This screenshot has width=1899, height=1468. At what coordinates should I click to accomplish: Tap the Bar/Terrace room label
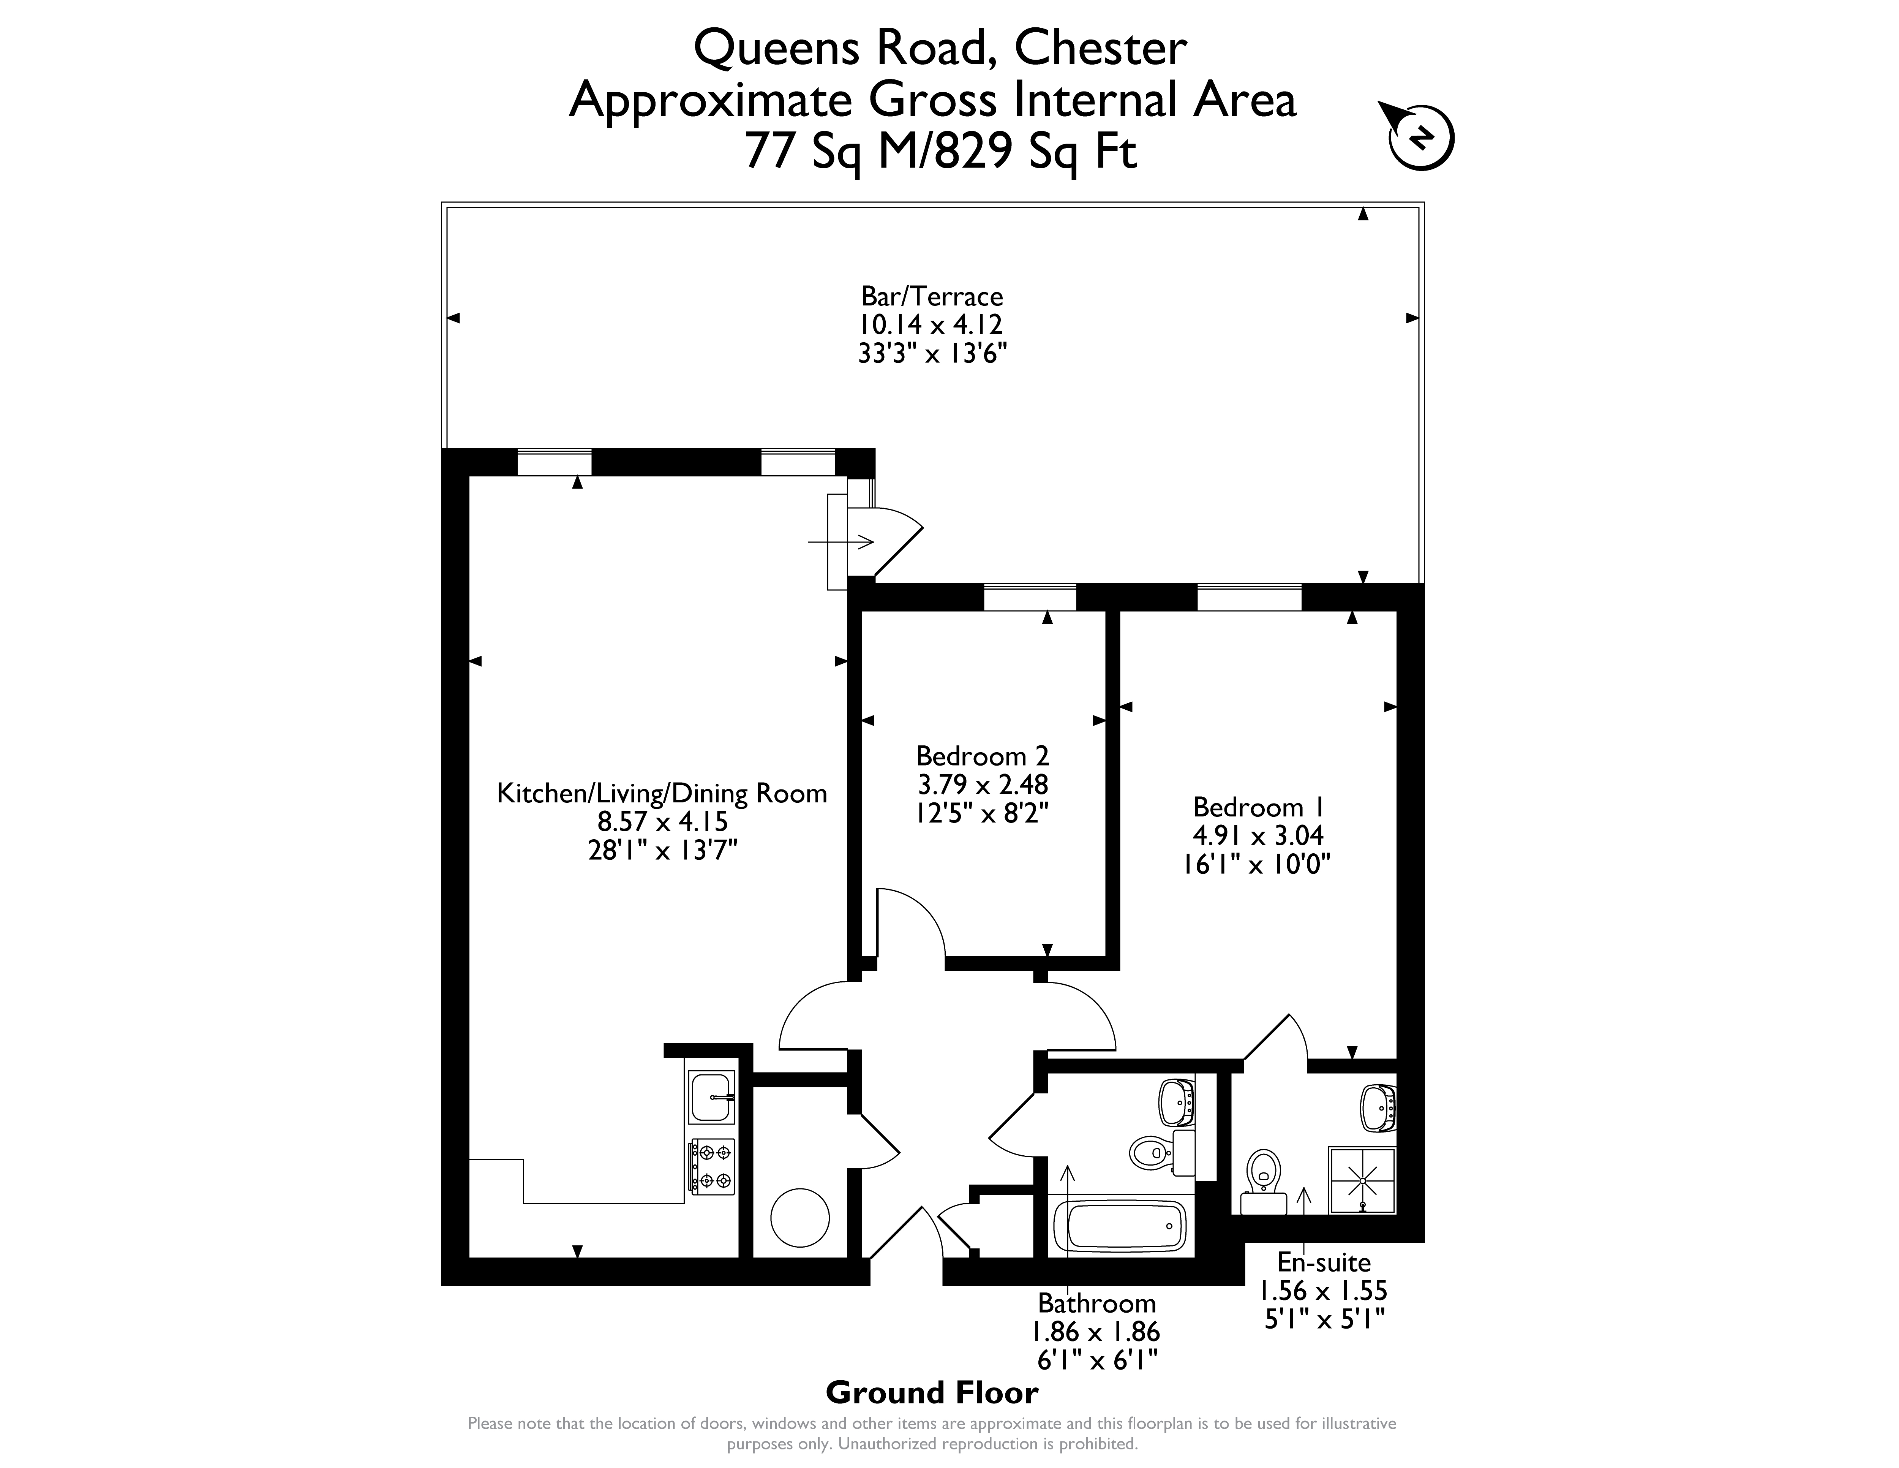932,297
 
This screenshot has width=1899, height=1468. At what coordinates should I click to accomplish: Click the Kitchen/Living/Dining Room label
662,793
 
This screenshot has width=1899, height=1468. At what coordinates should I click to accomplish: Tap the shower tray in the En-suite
1362,1180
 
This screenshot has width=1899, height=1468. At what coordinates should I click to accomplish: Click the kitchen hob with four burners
712,1165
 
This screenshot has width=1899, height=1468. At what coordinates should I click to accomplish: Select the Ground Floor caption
932,1392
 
